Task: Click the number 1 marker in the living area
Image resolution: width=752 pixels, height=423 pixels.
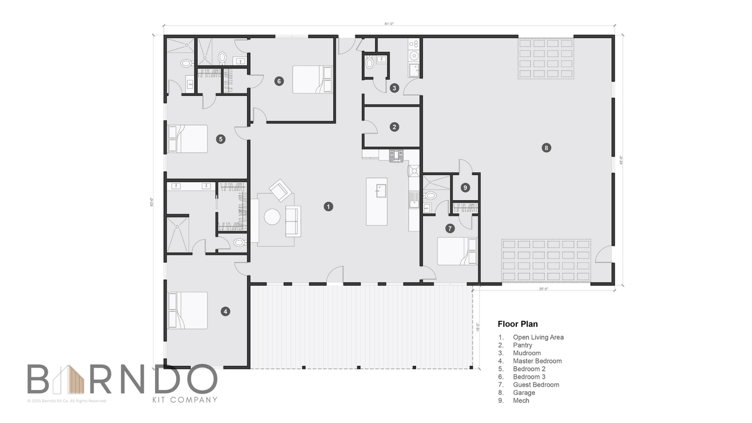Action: [328, 207]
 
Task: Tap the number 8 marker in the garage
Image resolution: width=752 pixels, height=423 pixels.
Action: [545, 148]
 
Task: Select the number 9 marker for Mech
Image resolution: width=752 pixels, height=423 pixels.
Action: [465, 188]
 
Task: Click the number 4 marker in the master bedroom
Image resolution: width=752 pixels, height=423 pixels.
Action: [225, 312]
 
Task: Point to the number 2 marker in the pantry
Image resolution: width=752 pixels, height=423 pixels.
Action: [394, 127]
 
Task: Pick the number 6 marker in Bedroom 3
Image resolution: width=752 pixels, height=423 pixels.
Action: [279, 81]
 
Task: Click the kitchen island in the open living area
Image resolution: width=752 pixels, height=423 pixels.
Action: [376, 201]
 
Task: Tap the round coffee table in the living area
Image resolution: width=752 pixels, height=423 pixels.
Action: [272, 217]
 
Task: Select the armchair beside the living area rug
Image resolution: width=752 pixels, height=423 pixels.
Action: [281, 190]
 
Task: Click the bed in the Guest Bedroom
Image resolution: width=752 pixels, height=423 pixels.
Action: [456, 251]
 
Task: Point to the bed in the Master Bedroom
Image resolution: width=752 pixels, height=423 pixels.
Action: [188, 311]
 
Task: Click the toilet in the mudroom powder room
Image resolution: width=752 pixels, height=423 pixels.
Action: [369, 63]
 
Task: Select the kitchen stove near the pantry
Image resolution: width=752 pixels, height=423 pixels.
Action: [396, 155]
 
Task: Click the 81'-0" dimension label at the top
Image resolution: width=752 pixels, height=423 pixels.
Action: [389, 23]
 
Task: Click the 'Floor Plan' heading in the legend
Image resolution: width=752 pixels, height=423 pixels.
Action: [517, 324]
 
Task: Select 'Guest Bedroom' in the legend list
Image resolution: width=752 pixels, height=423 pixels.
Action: [536, 385]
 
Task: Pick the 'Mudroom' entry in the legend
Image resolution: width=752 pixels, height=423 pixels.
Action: [526, 353]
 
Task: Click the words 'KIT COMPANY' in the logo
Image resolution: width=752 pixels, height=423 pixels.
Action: [184, 400]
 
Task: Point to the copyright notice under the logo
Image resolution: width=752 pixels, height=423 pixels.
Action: [67, 401]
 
